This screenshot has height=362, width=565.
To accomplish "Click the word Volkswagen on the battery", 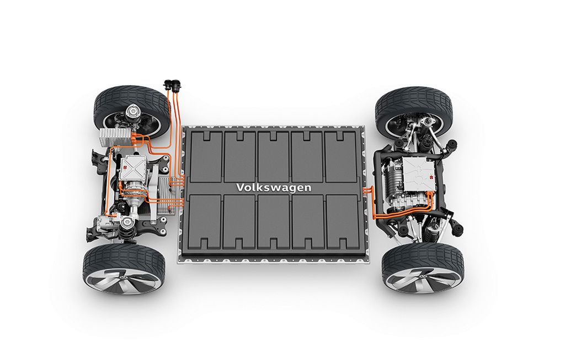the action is click(274, 188).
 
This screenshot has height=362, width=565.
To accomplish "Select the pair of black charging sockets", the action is click(171, 85).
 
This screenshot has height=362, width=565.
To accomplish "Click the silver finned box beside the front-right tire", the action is click(115, 138).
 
